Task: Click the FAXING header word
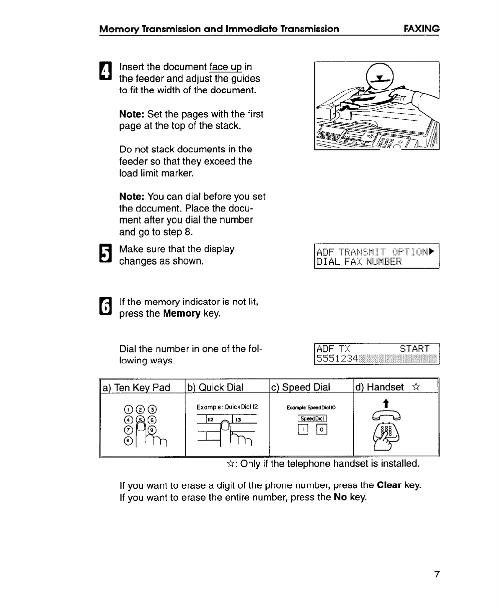(421, 29)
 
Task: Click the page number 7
(436, 574)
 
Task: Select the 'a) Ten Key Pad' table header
(136, 387)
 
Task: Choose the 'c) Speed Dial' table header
(301, 387)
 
